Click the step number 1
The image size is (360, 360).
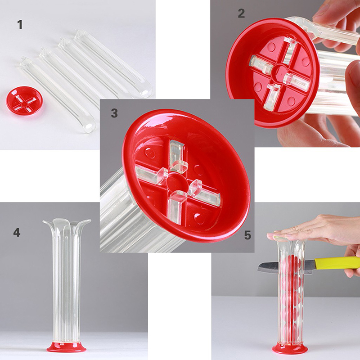click(x=20, y=25)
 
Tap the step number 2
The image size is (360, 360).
click(x=241, y=13)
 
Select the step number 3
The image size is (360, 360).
click(x=114, y=113)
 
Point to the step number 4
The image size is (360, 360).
click(x=17, y=232)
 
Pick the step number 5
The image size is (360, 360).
click(x=247, y=235)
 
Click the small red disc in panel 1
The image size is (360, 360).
click(x=24, y=100)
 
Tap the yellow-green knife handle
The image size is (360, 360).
click(x=336, y=263)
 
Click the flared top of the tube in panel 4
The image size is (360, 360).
click(x=67, y=222)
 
